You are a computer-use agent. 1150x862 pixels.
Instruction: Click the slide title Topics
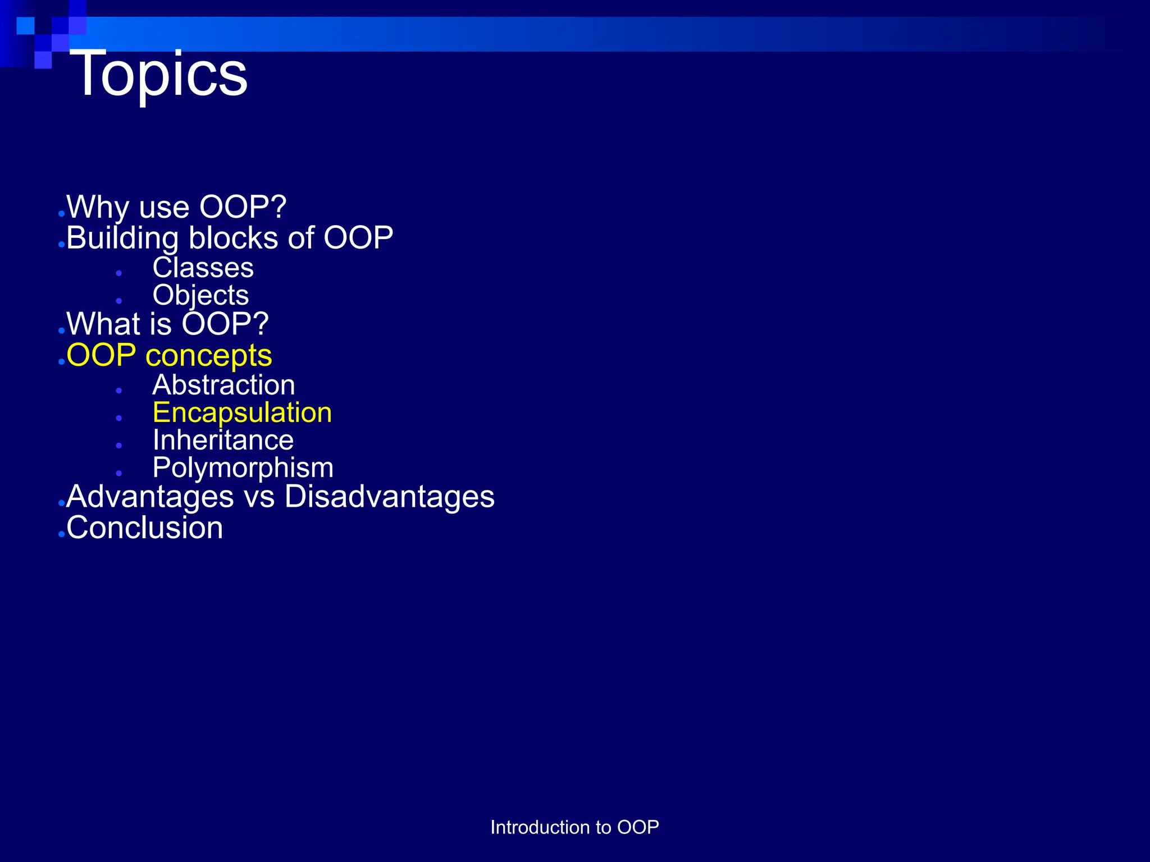click(x=158, y=74)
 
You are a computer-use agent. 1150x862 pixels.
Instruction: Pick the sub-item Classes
click(x=203, y=268)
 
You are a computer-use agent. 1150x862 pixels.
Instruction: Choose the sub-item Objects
click(x=200, y=296)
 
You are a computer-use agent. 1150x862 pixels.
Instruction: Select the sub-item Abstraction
click(x=223, y=385)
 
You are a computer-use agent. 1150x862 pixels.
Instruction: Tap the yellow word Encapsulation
click(x=242, y=413)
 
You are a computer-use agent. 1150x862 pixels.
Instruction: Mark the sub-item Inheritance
click(x=223, y=440)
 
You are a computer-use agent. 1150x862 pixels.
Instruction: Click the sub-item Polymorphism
click(x=243, y=468)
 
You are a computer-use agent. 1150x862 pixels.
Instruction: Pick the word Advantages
click(x=150, y=497)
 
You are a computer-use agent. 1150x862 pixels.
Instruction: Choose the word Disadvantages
click(x=389, y=497)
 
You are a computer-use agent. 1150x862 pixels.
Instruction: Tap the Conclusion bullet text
click(x=144, y=528)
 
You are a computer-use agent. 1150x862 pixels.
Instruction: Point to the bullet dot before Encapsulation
click(x=119, y=418)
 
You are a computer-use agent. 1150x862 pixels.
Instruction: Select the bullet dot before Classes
click(x=119, y=273)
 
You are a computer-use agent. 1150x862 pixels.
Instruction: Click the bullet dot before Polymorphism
click(x=119, y=473)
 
